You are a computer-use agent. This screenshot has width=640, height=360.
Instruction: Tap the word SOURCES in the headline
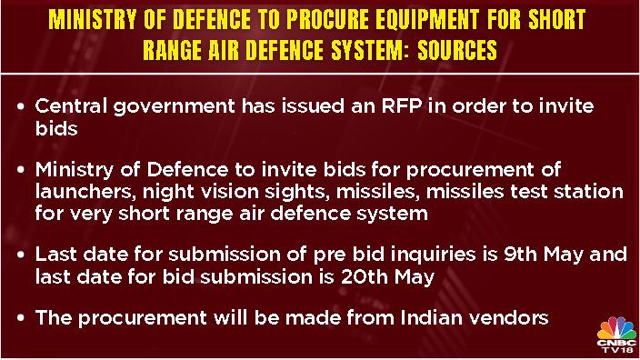point(457,50)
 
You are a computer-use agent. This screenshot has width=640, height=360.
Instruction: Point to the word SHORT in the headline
point(556,19)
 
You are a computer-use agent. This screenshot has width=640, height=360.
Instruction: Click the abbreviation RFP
point(402,106)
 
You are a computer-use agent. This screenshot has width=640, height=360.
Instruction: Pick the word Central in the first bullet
point(71,106)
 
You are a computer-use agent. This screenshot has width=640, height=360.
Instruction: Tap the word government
point(174,108)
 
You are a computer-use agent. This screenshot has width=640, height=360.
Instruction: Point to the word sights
point(297,193)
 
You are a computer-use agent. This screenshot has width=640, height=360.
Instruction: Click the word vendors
point(508,318)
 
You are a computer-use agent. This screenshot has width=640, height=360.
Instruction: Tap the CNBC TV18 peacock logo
point(616,335)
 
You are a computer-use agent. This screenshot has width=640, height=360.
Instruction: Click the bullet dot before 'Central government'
point(21,107)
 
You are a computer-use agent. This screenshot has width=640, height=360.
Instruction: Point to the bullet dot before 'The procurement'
point(21,318)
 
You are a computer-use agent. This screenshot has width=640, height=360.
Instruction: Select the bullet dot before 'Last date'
point(21,255)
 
